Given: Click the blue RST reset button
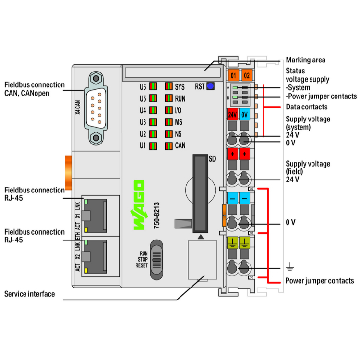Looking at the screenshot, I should point(210,86).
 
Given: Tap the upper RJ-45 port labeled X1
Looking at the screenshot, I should point(96,214).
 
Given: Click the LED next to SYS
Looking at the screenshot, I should point(168,87).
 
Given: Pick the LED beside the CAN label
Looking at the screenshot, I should point(168,145).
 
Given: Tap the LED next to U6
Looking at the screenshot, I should point(153,87).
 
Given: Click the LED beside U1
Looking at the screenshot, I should point(153,145).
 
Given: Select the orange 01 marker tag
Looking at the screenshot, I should point(233,75).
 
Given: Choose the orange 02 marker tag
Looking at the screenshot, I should point(246,75).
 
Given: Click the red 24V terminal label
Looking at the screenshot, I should point(232,115).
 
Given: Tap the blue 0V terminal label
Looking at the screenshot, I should point(245,115).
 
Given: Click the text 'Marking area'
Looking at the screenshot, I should point(305,60).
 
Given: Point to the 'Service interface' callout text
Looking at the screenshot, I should point(30,294).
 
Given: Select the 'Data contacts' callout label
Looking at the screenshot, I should point(306,107).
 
